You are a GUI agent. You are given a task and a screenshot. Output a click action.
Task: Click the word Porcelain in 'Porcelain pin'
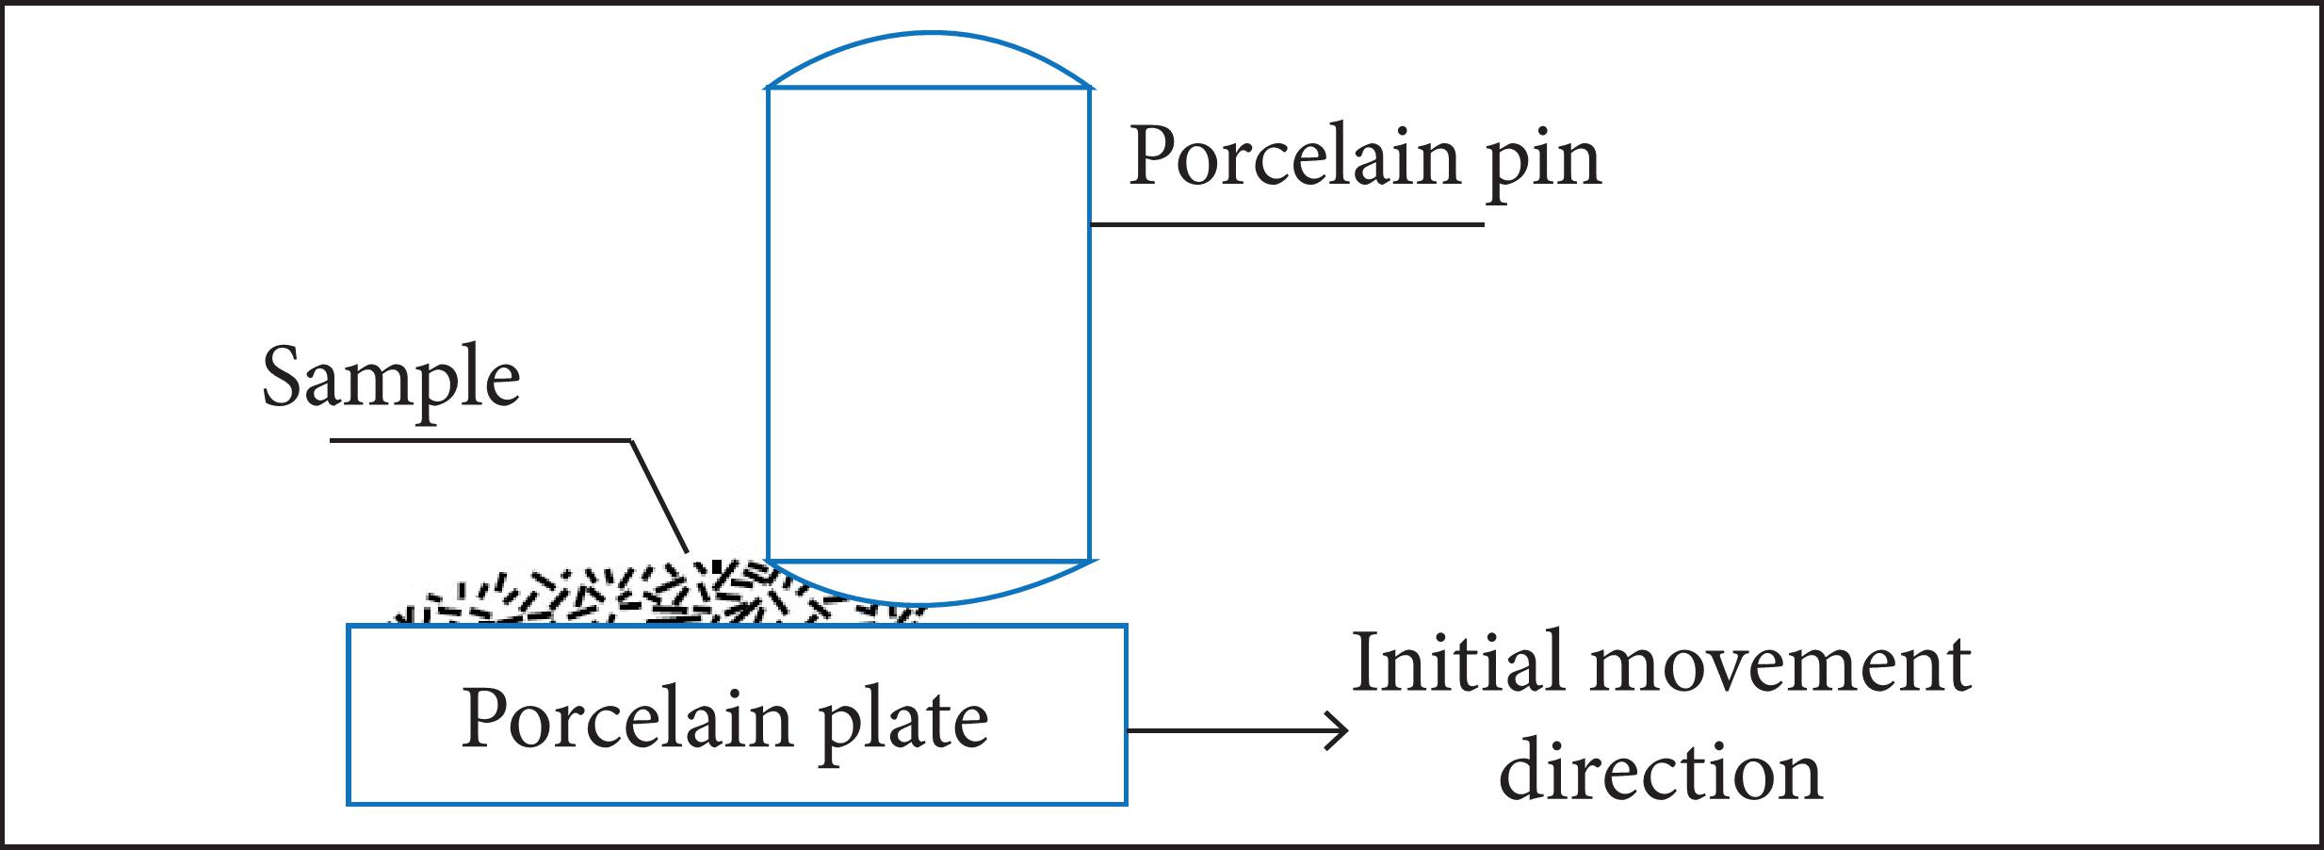(1295, 155)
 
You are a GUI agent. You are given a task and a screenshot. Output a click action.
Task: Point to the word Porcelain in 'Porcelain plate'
(626, 719)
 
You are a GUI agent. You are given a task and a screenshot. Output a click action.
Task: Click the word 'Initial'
(1456, 663)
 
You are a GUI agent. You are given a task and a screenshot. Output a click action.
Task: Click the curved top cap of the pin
(929, 35)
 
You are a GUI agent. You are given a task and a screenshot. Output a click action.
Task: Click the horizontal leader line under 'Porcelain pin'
(1287, 224)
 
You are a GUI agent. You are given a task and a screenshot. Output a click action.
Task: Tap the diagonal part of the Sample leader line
(658, 496)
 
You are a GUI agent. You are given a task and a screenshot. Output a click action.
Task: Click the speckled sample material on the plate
(659, 594)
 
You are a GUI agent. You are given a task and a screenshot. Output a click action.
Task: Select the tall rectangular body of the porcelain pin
(929, 324)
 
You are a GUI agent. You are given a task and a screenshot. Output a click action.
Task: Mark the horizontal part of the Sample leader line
(480, 440)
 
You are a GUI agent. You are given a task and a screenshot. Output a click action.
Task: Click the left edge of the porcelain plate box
(349, 714)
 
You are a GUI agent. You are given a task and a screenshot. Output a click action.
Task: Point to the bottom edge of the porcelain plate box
(737, 803)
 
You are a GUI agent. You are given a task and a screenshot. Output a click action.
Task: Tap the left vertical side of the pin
(769, 324)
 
